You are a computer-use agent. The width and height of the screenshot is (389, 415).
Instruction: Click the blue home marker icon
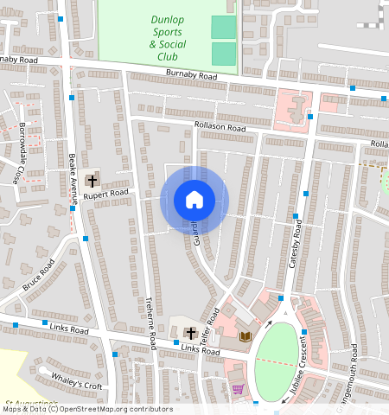(x=194, y=201)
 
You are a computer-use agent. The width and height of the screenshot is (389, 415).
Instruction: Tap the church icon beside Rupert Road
(x=92, y=182)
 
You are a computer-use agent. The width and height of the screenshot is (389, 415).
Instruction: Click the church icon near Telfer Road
(x=190, y=333)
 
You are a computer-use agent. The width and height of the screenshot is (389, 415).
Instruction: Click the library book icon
(x=246, y=335)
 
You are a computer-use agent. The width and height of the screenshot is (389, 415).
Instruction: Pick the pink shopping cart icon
(x=238, y=390)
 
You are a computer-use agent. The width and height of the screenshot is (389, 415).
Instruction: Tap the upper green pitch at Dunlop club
(x=224, y=27)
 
